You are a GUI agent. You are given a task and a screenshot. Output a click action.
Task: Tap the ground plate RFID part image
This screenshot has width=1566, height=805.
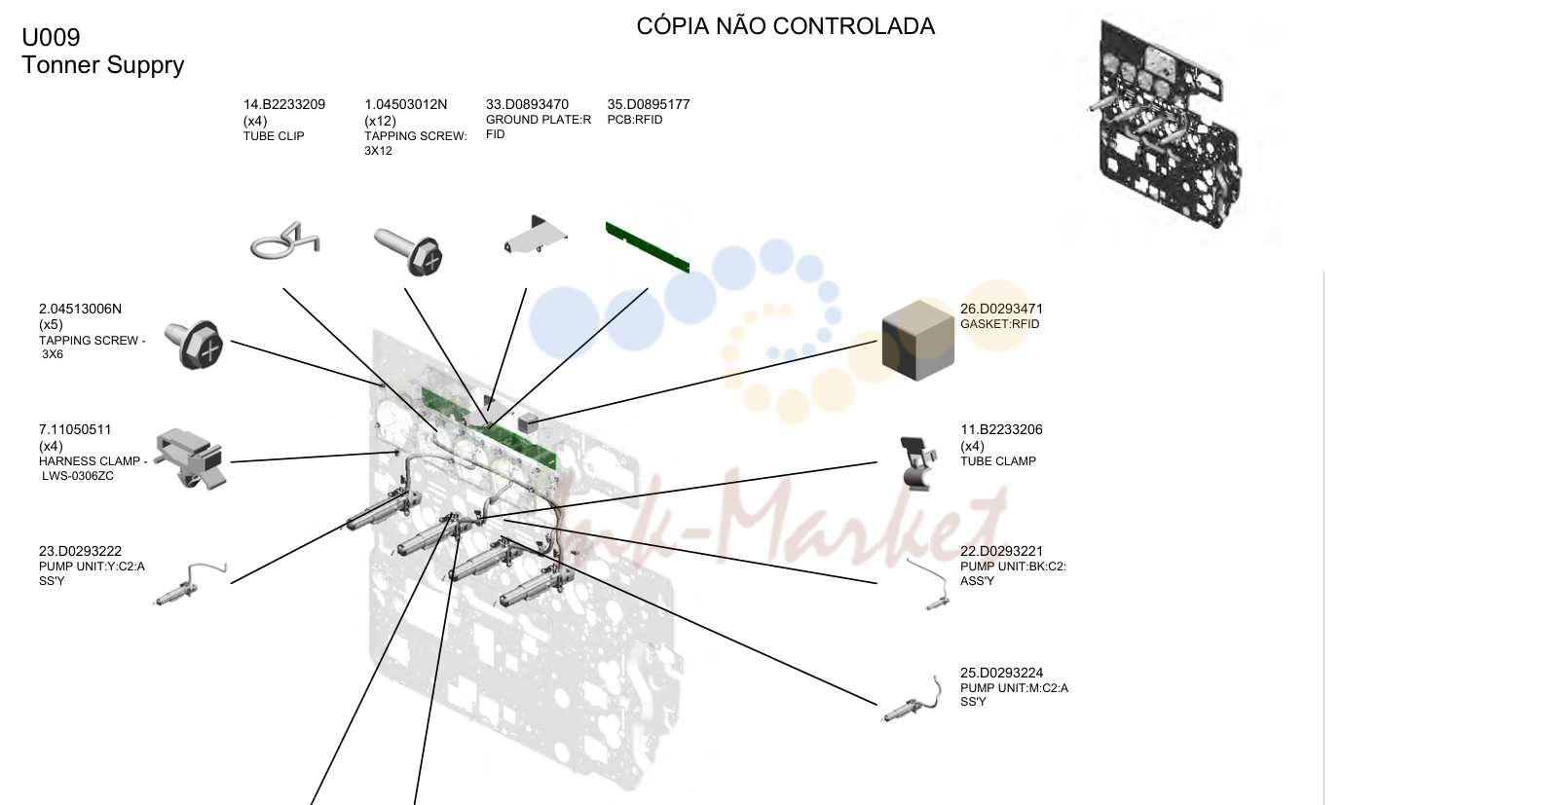[x=535, y=234]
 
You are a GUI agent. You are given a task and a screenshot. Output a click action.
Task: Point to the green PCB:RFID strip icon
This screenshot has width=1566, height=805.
[x=648, y=246]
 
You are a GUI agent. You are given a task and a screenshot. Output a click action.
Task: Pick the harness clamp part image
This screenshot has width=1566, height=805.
[x=191, y=457]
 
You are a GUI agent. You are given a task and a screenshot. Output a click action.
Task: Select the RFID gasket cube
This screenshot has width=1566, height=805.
[x=918, y=341]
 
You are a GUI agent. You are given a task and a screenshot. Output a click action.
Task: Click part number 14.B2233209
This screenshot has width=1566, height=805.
[x=284, y=105]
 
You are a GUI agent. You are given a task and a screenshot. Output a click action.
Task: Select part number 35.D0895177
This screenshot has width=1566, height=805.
[x=648, y=105]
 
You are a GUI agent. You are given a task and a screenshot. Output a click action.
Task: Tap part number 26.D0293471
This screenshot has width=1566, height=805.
[x=1001, y=309]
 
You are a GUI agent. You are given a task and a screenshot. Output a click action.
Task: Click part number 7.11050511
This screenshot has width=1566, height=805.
[x=75, y=429]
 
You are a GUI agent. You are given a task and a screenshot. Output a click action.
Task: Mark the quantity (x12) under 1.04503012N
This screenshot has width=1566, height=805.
[x=381, y=121]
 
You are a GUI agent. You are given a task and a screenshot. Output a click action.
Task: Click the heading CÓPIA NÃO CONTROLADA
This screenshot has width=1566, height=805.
[x=785, y=26]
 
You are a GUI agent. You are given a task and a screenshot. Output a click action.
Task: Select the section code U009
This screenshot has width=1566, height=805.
[x=51, y=37]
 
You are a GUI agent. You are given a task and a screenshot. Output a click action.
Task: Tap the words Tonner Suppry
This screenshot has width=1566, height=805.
[x=103, y=65]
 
